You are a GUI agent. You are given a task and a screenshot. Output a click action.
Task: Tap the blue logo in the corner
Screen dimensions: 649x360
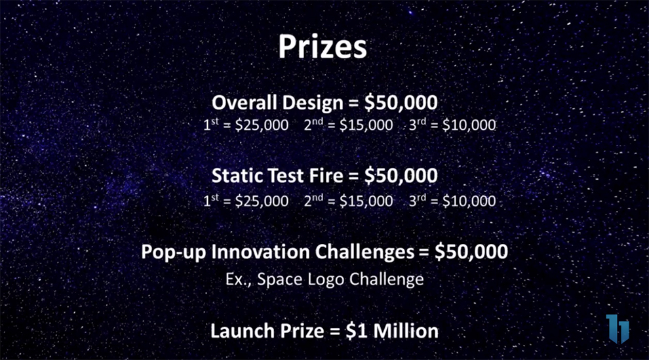(618, 329)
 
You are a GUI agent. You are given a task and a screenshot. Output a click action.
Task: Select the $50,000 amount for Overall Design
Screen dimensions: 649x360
(401, 102)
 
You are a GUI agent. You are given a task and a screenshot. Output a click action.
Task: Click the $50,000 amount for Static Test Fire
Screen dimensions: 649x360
(401, 176)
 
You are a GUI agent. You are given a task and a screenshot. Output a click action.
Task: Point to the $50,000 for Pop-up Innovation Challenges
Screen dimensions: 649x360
(471, 252)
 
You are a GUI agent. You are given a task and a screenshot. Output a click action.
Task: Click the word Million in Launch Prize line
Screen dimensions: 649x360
(406, 331)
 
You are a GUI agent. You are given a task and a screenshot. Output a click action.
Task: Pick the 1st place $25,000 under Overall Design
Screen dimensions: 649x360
(262, 125)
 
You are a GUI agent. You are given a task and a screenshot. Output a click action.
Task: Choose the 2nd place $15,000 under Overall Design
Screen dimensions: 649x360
(366, 125)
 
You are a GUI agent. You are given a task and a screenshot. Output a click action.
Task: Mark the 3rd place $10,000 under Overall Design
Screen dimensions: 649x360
(469, 125)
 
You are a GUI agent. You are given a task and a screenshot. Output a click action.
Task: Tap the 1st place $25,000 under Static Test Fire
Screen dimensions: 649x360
(262, 201)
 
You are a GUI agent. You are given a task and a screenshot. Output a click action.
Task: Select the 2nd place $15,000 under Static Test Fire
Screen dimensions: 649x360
(366, 201)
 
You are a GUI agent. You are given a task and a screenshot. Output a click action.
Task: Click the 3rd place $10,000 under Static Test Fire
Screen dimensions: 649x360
(469, 201)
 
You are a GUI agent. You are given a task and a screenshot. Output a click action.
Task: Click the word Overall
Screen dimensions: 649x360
(245, 102)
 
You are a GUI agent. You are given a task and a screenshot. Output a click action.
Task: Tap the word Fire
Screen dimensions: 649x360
(326, 176)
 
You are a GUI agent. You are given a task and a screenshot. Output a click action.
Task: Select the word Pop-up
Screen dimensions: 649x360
(174, 252)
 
